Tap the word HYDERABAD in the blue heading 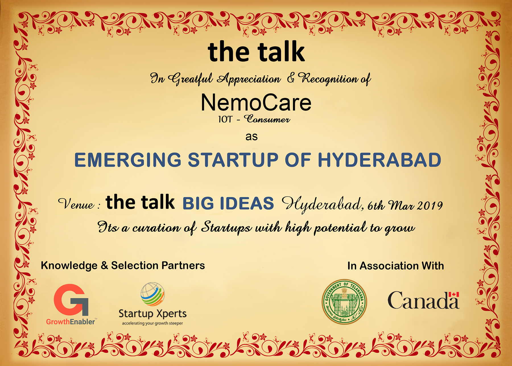point(379,160)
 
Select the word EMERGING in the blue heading point(128,160)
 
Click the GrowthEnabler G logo point(71,300)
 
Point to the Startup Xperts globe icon point(152,294)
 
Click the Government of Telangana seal point(344,302)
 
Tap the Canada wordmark point(423,301)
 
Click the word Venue point(76,204)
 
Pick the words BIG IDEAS point(228,203)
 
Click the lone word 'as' point(251,137)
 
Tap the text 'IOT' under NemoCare point(225,119)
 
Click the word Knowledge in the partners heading point(69,266)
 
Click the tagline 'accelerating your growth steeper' point(152,323)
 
